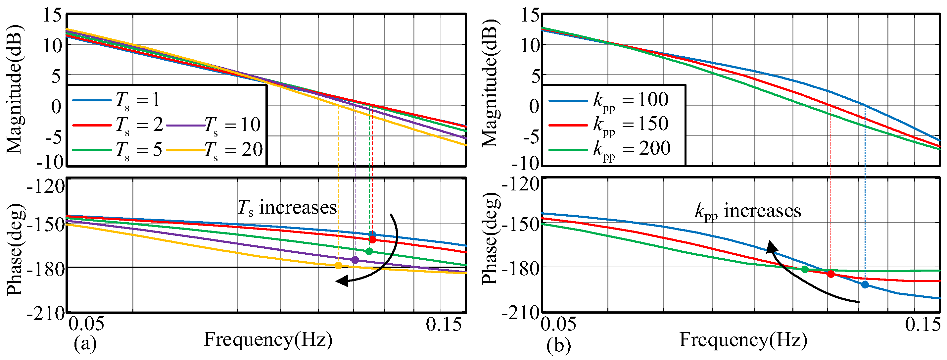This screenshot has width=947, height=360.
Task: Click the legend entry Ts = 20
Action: pyautogui.click(x=215, y=150)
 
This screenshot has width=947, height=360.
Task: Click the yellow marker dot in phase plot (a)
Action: pyautogui.click(x=338, y=266)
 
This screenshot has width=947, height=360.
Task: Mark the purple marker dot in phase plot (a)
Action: pyautogui.click(x=355, y=260)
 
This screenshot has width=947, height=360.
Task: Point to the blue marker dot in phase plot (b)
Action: pyautogui.click(x=865, y=284)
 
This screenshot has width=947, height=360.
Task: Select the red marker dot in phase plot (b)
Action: pyautogui.click(x=831, y=274)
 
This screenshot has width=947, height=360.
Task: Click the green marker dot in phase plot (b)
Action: pyautogui.click(x=805, y=270)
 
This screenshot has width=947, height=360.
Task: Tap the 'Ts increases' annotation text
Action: pyautogui.click(x=287, y=208)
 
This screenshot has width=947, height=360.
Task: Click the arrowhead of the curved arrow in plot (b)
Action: pyautogui.click(x=771, y=247)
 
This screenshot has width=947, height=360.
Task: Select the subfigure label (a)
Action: pyautogui.click(x=85, y=344)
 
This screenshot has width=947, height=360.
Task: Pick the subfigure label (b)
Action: pyautogui.click(x=559, y=346)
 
